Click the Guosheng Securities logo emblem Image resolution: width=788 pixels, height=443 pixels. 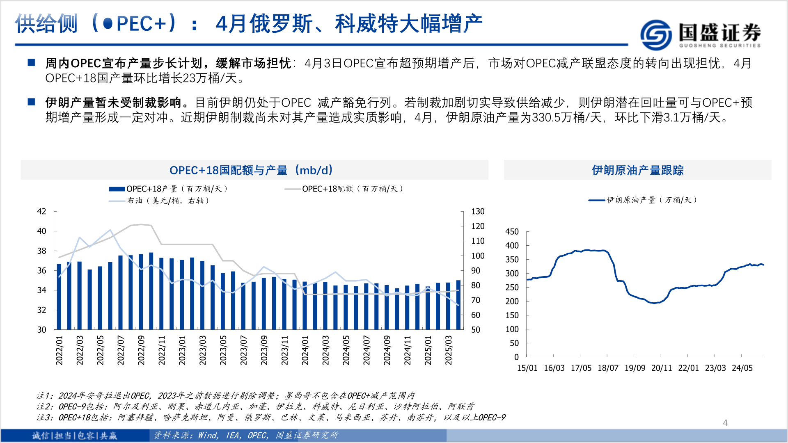pos(656,34)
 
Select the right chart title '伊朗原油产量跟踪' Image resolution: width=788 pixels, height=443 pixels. pos(637,170)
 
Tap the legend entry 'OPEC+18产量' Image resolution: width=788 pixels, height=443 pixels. pos(168,189)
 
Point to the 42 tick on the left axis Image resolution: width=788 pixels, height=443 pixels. pos(42,212)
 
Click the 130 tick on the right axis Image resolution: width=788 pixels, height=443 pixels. pos(478,212)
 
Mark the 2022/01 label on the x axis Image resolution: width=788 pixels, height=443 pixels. pos(60,350)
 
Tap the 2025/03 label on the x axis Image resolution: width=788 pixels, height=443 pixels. pos(449,350)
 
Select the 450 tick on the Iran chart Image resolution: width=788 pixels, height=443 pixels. pos(512,232)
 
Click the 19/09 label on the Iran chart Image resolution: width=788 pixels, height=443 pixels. pos(635,368)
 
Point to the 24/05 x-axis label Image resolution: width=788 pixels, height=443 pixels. pos(742,368)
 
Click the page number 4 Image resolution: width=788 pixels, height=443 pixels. pos(725,422)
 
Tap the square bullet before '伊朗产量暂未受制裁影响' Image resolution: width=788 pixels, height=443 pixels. pos(32,102)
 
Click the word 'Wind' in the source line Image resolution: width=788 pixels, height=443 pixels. pos(208,435)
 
